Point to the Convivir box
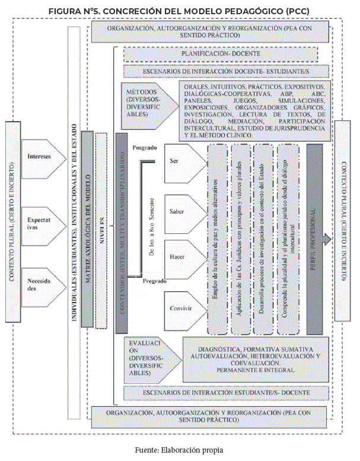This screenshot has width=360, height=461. click(x=180, y=309)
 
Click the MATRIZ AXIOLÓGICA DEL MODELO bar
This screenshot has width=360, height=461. click(x=87, y=228)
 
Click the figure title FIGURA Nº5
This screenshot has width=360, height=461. click(x=180, y=11)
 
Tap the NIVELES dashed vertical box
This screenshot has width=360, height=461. click(x=101, y=228)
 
